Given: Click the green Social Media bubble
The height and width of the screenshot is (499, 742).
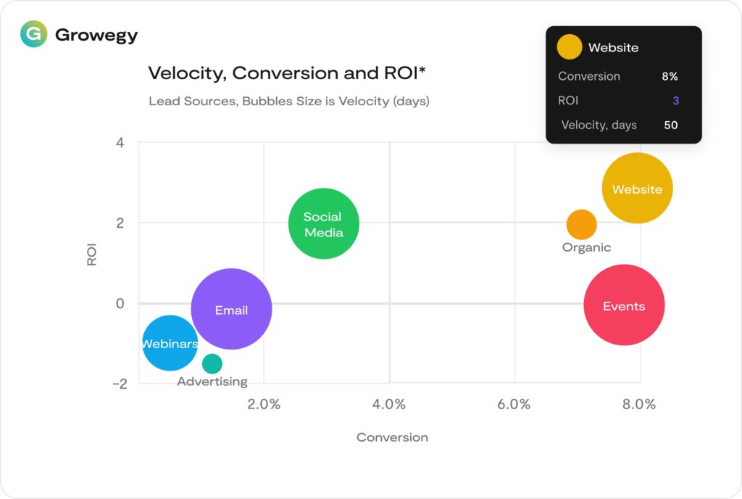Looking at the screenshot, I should [323, 223].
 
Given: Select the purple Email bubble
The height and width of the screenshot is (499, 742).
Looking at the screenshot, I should [231, 309].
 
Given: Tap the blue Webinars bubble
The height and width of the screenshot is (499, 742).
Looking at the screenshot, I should [170, 343].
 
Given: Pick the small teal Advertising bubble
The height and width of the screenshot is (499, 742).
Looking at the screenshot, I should [212, 363].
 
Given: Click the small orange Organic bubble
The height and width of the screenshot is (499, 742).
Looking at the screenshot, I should [581, 225].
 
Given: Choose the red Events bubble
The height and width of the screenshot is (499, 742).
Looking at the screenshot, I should [624, 305].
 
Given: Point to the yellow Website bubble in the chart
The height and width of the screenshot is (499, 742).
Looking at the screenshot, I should [637, 189].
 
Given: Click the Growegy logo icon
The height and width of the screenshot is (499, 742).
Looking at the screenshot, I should [33, 34].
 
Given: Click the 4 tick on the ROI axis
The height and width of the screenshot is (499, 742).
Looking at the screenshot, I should [120, 143].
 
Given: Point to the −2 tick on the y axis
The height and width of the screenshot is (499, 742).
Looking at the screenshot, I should [119, 383].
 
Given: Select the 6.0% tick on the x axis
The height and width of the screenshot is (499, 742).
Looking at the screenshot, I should [514, 404].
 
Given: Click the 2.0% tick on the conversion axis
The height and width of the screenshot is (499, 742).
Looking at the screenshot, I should [264, 404].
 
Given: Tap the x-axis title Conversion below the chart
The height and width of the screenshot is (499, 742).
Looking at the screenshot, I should [392, 437].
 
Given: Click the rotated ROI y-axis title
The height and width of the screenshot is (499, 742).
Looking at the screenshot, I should [92, 254].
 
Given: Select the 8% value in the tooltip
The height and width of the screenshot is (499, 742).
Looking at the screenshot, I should [670, 76].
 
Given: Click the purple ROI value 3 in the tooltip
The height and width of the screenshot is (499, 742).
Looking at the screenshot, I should [675, 101].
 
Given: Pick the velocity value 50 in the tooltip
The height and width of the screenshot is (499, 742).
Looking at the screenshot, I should [671, 125].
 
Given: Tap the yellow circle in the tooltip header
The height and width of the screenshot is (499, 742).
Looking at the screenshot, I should [569, 47].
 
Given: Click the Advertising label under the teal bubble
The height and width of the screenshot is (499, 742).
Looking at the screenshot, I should [212, 382].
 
